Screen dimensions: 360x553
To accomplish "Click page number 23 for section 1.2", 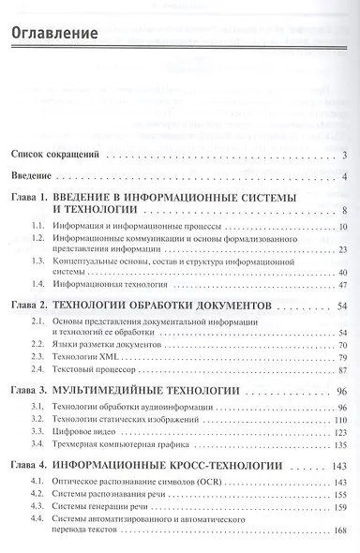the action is (x=343, y=251).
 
